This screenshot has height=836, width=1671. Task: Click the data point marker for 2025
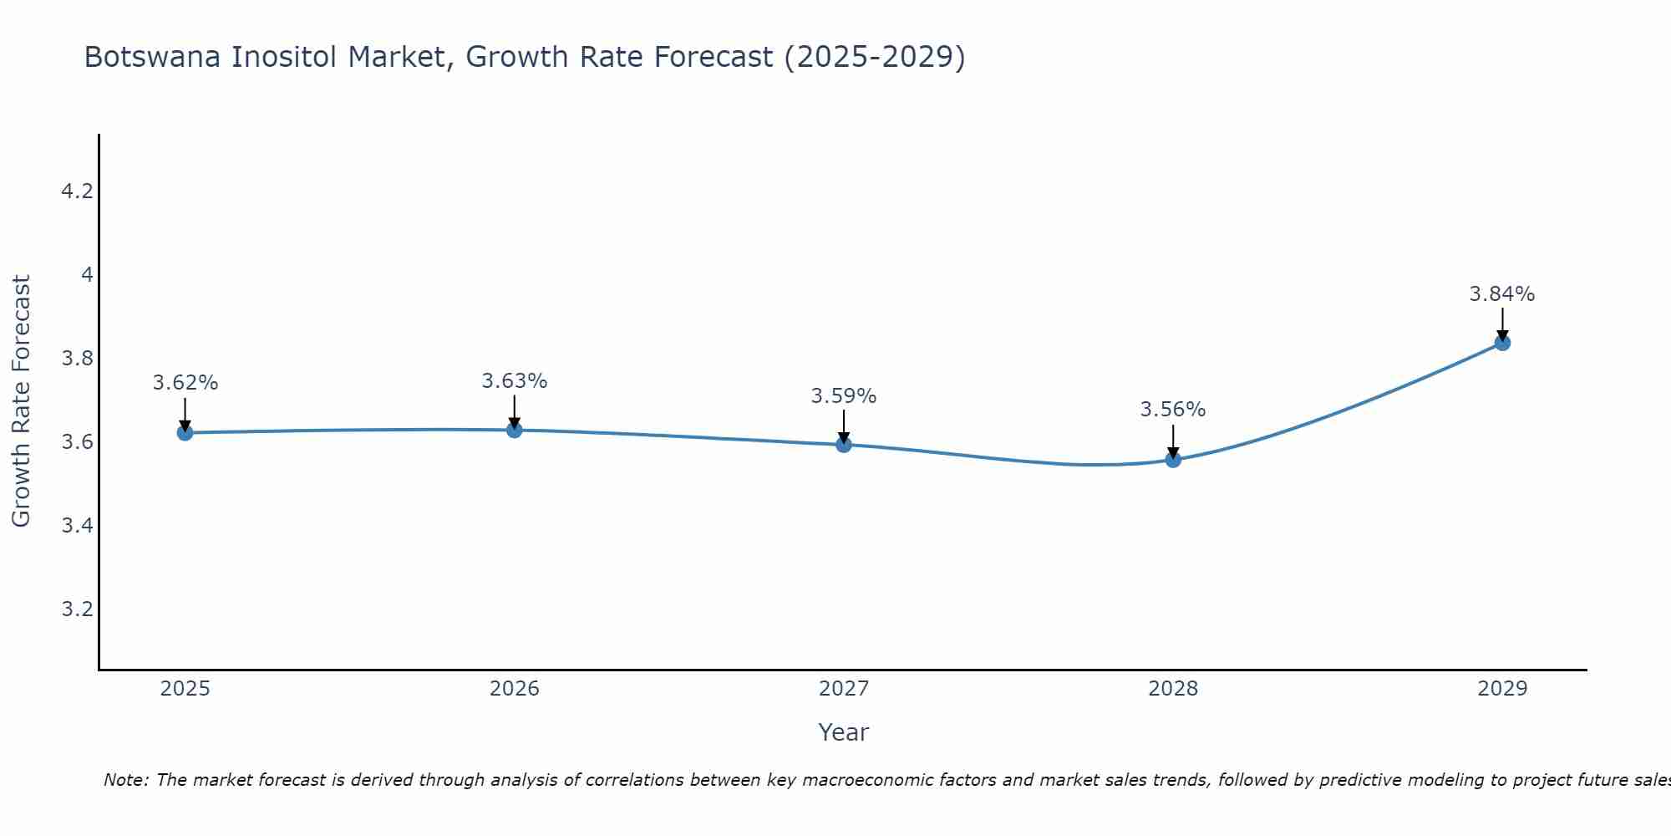[x=185, y=432]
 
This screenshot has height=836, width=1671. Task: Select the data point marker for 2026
[x=515, y=430]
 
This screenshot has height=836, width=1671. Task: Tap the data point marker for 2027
[x=844, y=445]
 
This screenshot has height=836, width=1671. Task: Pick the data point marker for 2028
[x=1173, y=459]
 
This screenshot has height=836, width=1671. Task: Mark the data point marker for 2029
[x=1502, y=343]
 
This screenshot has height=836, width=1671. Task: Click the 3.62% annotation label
[x=185, y=383]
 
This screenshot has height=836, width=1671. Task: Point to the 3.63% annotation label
[x=515, y=381]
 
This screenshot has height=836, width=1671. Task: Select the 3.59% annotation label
[x=844, y=396]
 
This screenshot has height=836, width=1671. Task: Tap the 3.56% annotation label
[x=1173, y=410]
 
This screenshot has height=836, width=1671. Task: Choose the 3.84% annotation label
[x=1502, y=294]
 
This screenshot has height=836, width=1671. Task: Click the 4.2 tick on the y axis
[x=77, y=191]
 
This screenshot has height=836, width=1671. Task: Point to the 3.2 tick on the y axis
[x=77, y=609]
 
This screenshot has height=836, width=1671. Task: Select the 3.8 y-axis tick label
[x=77, y=359]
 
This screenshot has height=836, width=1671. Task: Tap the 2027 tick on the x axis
[x=844, y=689]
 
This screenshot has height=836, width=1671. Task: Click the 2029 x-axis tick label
[x=1502, y=689]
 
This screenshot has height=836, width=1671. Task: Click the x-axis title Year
[x=844, y=732]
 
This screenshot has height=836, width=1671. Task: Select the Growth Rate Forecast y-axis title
[x=22, y=401]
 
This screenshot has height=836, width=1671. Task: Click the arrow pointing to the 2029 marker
[x=1502, y=324]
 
